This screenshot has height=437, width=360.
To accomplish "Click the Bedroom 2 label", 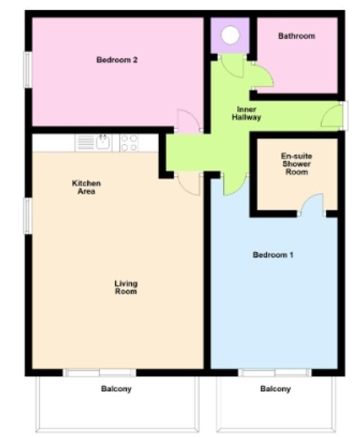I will coord(117,60).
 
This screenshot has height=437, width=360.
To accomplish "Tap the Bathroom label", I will coord(297,36).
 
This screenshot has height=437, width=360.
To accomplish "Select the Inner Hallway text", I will coord(247,113).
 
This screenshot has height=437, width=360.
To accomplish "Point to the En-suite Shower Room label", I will coord(296,163).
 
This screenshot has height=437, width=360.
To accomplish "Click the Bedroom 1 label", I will coord(273,255).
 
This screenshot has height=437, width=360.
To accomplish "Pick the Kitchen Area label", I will coord(86,187).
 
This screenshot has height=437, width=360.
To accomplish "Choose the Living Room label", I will coord(126,287).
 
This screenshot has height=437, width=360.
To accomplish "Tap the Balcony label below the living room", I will coord(116,389).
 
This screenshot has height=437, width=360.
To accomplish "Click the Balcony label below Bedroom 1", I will coord(275,389).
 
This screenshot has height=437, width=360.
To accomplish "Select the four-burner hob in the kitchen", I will coord(129,143).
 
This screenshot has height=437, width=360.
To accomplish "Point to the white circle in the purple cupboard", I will coord(230,35).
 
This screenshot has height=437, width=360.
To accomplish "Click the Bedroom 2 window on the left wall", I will coord(28,70).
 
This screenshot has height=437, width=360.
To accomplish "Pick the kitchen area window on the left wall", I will coord(28,216).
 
